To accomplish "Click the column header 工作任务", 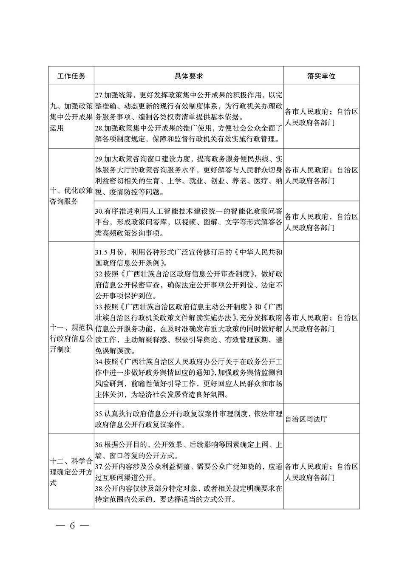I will pos(71,76).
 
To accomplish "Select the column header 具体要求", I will pos(188,76).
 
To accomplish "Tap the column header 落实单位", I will pos(321,76).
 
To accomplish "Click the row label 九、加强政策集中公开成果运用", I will pos(71,117).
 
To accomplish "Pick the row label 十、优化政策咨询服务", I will pos(71,196).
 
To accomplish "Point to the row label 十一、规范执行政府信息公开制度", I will pos(71,338).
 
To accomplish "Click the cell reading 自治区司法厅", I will pos(306,419).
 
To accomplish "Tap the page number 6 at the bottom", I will pos(72,525).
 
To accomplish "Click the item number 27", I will pos(99,95).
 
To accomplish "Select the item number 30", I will pos(99,211).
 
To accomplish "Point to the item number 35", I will pos(99,413).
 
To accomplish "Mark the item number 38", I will pos(99,489).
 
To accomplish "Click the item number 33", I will pos(99,307).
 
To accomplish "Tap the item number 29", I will pos(99,159).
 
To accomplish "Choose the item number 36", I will pos(99,445).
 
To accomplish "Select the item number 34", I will pos(99,362).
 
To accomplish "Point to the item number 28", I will pos(99,128).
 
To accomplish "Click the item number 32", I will pos(99,274).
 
